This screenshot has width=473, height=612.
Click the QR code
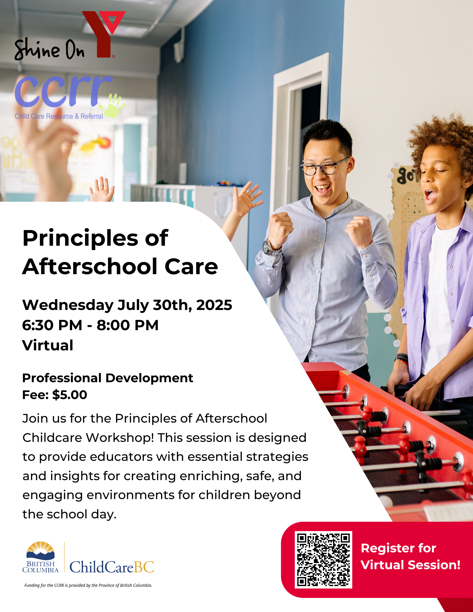coord(323,560)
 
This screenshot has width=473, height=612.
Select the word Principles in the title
coord(80,238)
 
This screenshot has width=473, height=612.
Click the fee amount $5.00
coord(70,395)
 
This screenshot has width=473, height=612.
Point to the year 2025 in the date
coord(214,305)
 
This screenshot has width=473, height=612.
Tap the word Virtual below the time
coord(48,345)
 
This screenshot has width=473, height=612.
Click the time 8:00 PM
coord(128,325)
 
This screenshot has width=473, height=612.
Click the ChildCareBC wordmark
coord(112,567)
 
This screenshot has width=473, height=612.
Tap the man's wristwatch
coord(268,247)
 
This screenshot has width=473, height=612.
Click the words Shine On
coord(49,49)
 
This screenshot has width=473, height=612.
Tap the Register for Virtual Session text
coord(411,556)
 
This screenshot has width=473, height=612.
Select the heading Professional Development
coord(108,378)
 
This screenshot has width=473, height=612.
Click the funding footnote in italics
coord(88,585)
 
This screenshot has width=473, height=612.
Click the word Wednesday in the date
coord(68,305)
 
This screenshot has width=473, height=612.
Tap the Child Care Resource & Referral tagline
coord(59,116)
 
